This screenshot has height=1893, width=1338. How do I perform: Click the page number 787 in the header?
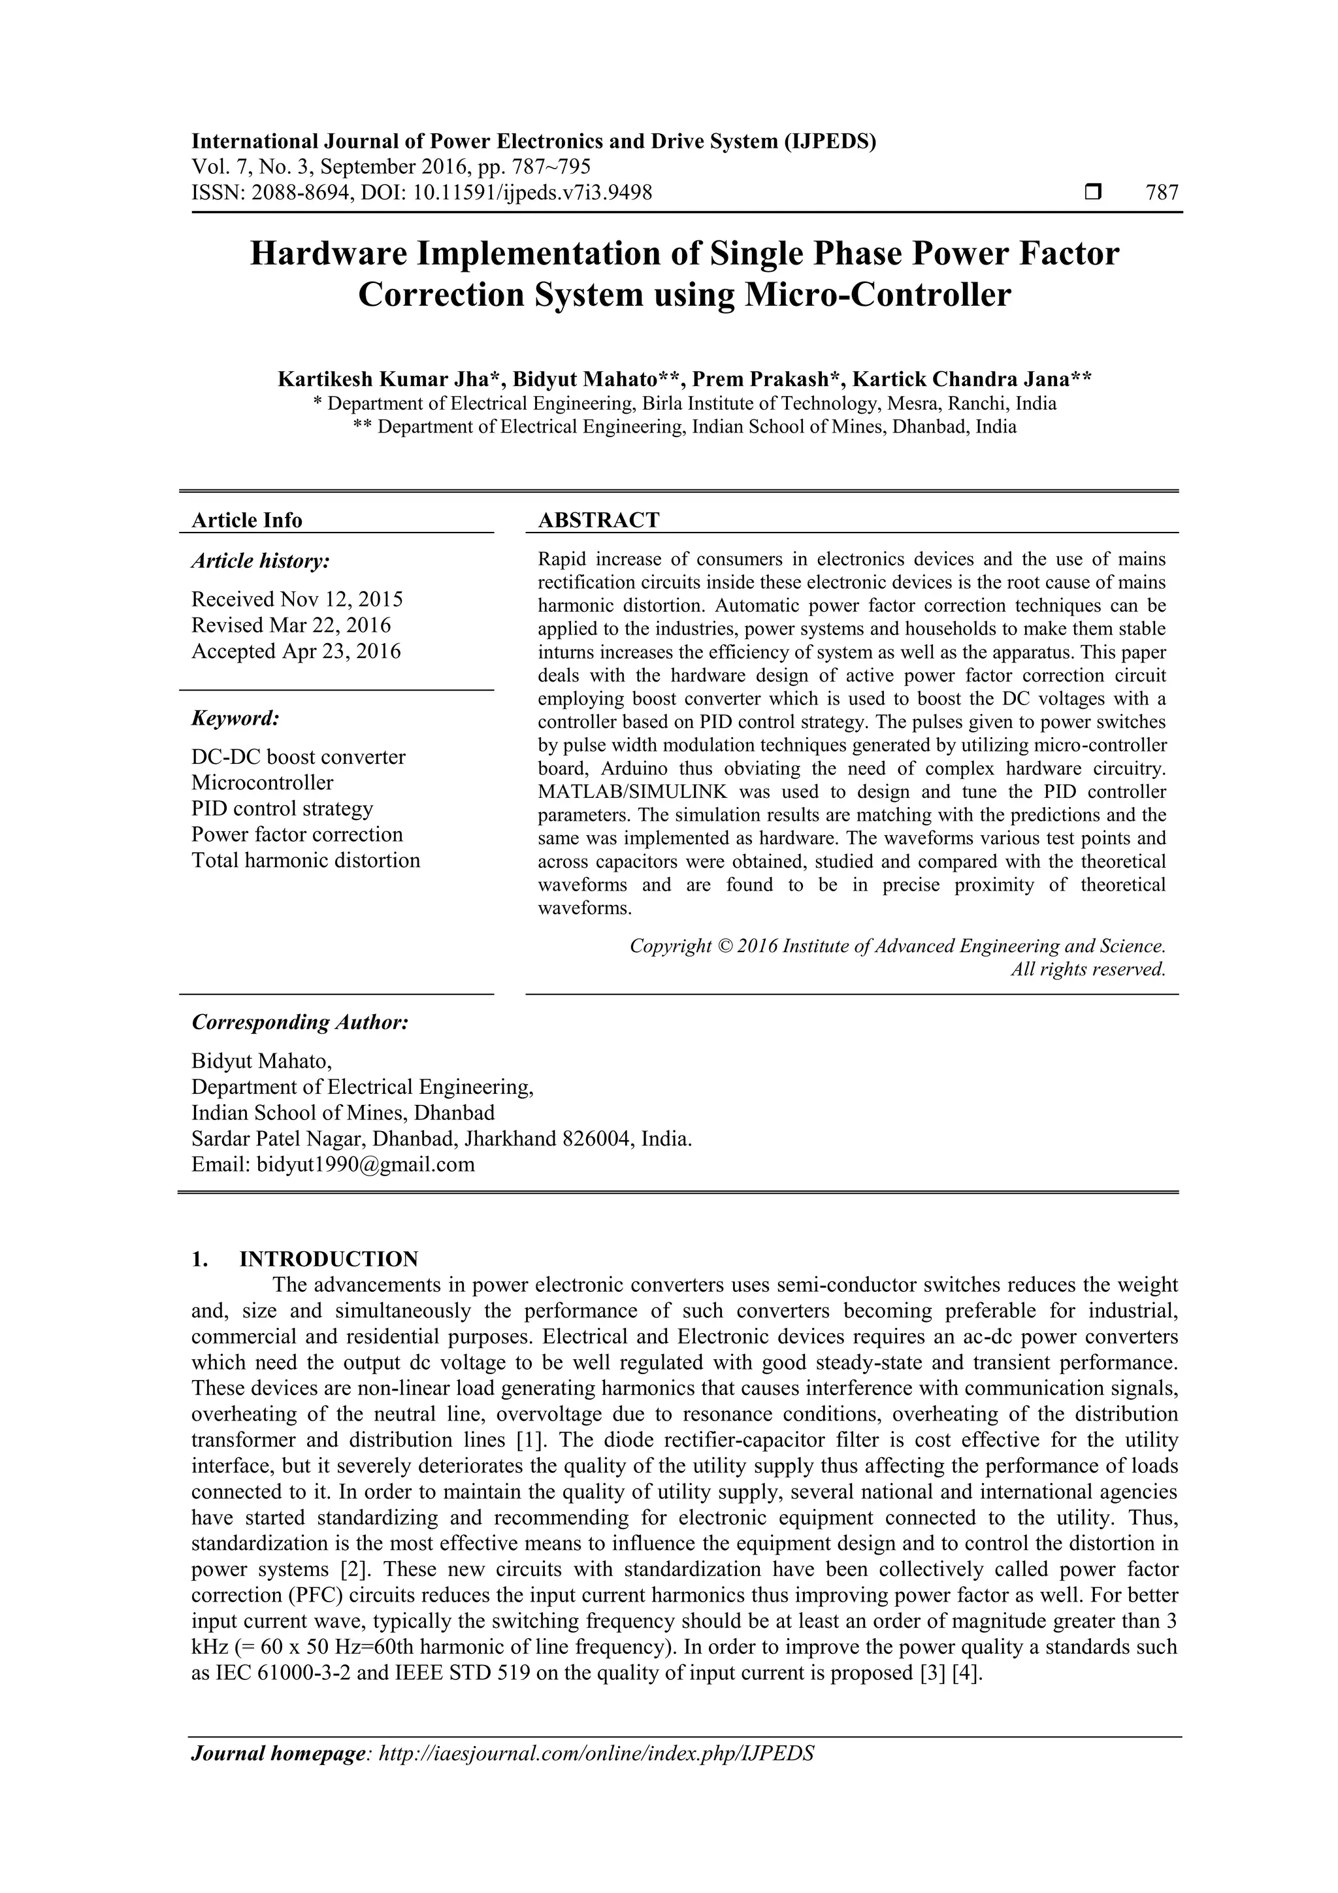(1162, 193)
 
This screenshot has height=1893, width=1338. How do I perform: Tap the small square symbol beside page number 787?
(1093, 193)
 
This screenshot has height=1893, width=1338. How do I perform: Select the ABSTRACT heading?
(598, 520)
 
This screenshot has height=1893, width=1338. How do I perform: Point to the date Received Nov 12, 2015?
(297, 599)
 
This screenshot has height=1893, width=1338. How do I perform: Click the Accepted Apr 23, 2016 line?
(296, 651)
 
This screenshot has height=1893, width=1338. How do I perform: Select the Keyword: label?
(236, 718)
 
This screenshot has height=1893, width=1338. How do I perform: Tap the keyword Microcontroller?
(262, 782)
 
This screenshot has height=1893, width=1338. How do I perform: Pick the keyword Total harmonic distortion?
(306, 860)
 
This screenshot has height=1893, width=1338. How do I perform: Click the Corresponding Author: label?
(300, 1023)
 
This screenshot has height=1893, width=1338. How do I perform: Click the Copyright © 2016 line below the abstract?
(897, 946)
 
